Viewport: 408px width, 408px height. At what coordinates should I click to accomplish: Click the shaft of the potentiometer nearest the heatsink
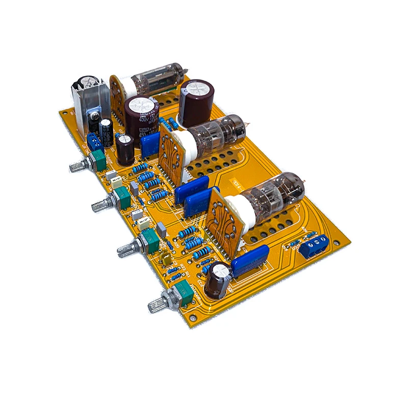(76, 166)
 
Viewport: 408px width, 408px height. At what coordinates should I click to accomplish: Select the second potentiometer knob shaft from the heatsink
(99, 206)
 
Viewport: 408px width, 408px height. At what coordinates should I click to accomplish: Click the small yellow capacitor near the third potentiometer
(166, 260)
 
